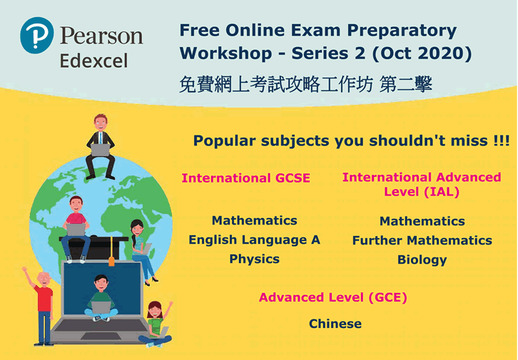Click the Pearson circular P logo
(36, 36)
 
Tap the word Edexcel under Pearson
(93, 61)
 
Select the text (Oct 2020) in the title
(422, 53)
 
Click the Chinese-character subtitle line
(305, 84)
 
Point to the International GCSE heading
(245, 178)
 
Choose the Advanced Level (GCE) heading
(333, 297)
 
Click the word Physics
(255, 259)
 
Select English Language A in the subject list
(254, 240)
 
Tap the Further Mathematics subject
(422, 240)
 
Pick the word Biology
(422, 259)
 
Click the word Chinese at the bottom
(335, 324)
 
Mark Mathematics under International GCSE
(255, 220)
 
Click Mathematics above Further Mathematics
(422, 221)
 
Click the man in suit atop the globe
(101, 147)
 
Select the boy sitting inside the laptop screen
(101, 298)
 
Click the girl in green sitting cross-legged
(156, 324)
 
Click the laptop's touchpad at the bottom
(101, 336)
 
